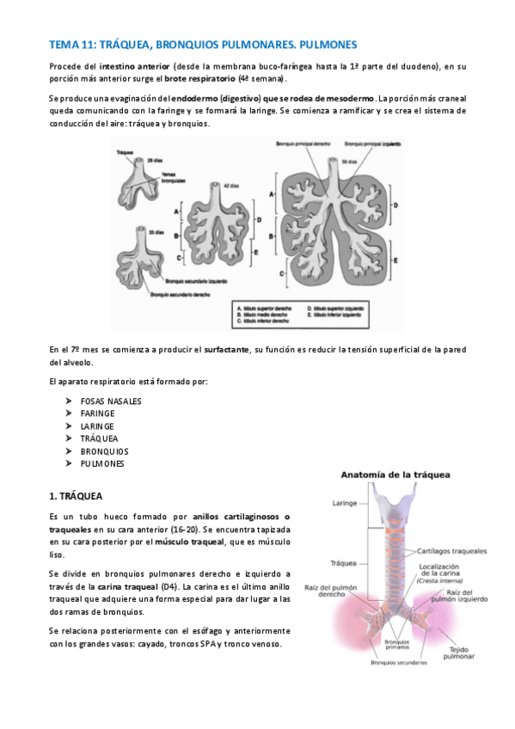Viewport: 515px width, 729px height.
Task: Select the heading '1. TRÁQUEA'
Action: pyautogui.click(x=76, y=496)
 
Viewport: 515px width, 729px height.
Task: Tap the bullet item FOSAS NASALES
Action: pyautogui.click(x=111, y=401)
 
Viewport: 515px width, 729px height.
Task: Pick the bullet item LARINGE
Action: pyautogui.click(x=96, y=426)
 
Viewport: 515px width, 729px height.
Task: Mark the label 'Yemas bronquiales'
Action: pyautogui.click(x=162, y=175)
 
